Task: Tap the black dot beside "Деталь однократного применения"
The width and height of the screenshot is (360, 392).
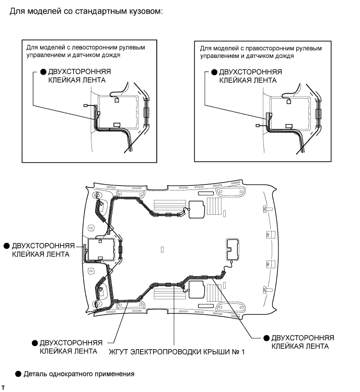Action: point(19,374)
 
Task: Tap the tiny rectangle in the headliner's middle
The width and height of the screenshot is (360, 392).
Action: point(162,250)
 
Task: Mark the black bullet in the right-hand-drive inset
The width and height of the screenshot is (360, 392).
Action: point(214,72)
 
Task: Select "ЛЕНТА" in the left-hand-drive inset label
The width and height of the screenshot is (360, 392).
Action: point(94,80)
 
